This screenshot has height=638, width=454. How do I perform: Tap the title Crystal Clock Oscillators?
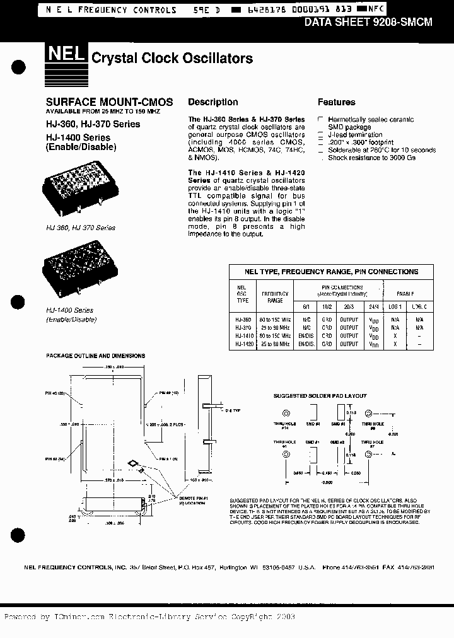coord(172,59)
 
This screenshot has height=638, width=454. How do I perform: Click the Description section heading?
coord(213,102)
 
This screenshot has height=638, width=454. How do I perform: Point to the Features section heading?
coord(336,102)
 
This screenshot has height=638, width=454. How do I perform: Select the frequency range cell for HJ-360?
coord(275,320)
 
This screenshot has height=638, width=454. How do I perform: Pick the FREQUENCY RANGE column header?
coord(275,297)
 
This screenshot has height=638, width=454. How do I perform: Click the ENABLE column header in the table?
coord(405,293)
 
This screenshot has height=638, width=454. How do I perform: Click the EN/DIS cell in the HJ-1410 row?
coord(306,336)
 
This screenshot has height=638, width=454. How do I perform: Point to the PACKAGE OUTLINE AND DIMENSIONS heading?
coord(95,356)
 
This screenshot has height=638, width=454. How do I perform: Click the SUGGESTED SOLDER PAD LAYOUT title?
coord(320,396)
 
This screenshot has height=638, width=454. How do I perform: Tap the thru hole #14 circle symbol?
coord(286,414)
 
